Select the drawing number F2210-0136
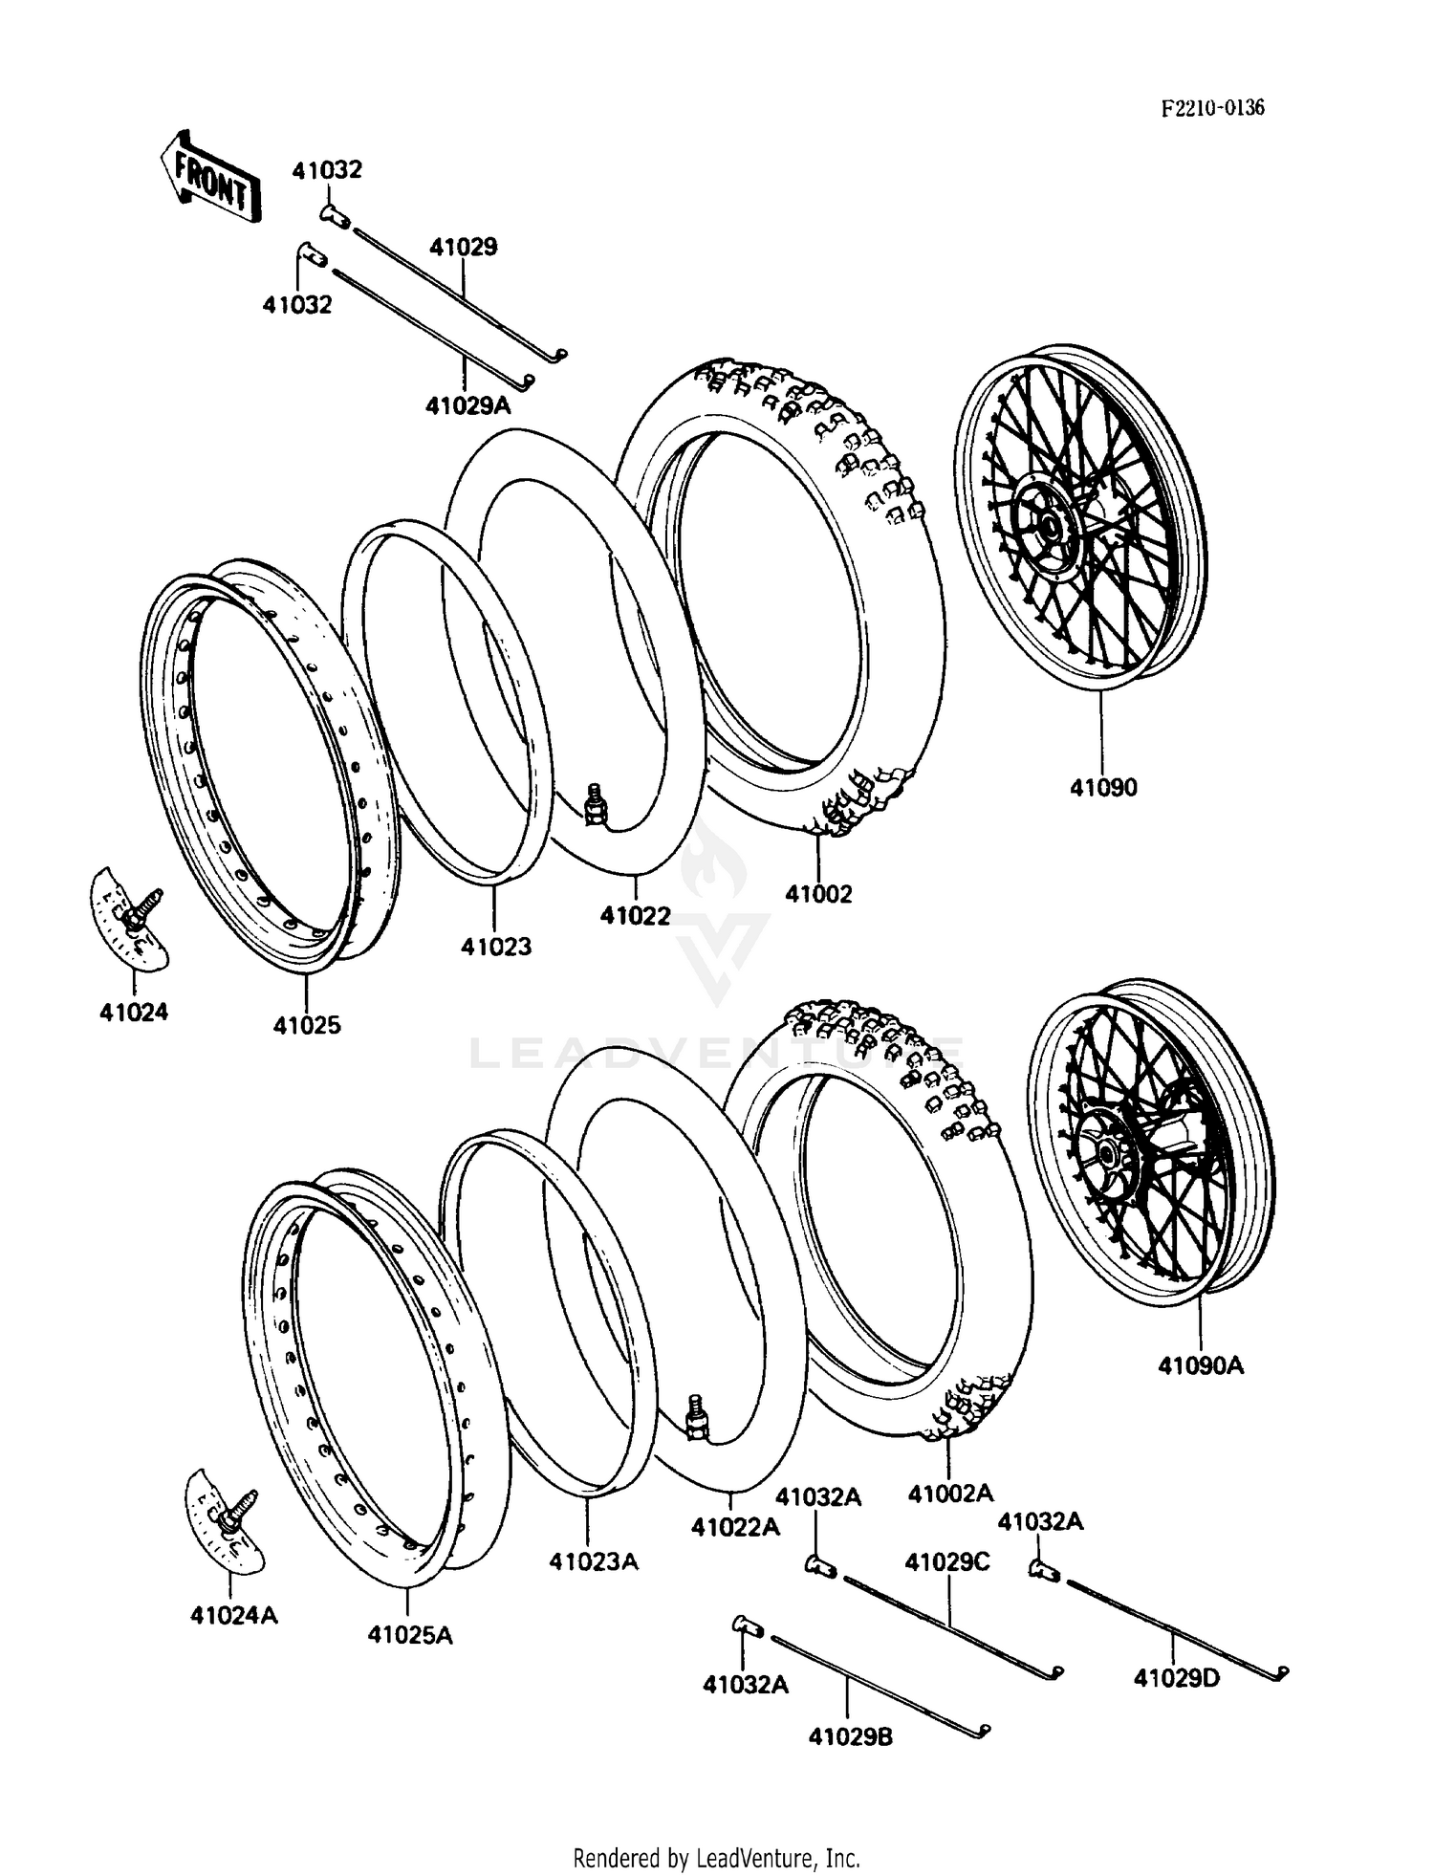pos(1212,107)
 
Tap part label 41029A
pos(468,405)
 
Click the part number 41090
pos(1103,788)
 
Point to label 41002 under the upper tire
pos(818,893)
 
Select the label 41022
pos(635,916)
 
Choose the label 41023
pos(495,947)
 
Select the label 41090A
pos(1201,1365)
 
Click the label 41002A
pos(950,1493)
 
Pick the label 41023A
pos(593,1561)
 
